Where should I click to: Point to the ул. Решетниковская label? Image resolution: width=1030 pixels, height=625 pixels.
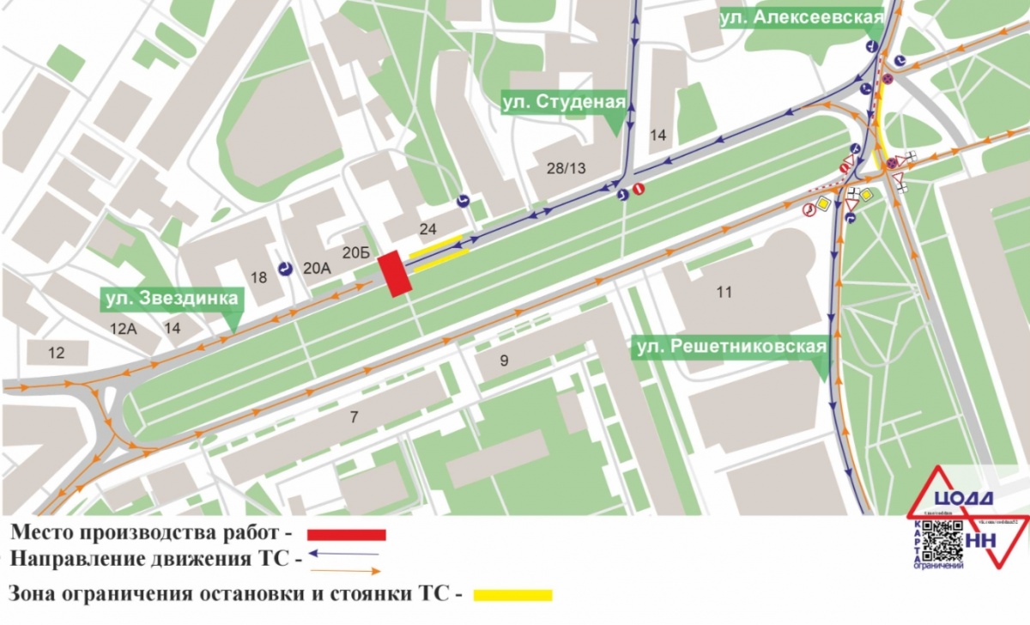[730, 347]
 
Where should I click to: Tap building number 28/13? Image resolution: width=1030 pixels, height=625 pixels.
[563, 169]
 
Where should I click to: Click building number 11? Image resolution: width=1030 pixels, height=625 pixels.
[724, 292]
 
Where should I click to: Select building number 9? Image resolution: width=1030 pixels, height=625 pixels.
[504, 361]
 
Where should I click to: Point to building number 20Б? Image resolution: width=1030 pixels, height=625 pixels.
[355, 252]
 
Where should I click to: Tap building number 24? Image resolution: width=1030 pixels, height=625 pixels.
[427, 228]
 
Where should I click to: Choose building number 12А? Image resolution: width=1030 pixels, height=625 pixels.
[123, 328]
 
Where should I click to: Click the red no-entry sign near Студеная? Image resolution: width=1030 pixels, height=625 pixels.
[638, 188]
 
